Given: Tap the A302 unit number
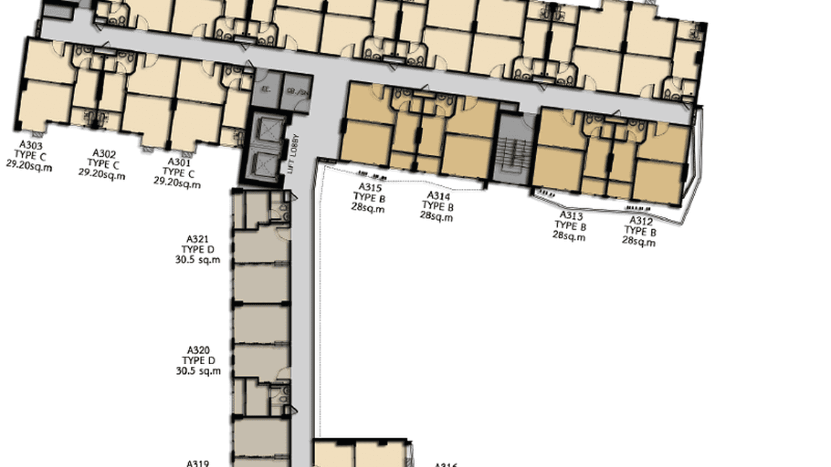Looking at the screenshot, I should point(103,153).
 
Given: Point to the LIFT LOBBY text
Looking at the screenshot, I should point(295,154).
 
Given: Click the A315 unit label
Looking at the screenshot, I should point(370,188).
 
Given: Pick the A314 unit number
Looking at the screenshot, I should point(438,196).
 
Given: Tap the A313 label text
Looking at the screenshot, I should point(571,216).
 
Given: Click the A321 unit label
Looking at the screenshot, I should point(198,239).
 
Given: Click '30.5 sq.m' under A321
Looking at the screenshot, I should point(198,260).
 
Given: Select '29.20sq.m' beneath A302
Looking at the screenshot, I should point(102,175).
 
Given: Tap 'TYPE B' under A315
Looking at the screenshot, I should point(369,198).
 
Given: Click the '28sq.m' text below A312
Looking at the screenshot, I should point(638,242).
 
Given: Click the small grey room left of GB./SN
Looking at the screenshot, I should point(266,90).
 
